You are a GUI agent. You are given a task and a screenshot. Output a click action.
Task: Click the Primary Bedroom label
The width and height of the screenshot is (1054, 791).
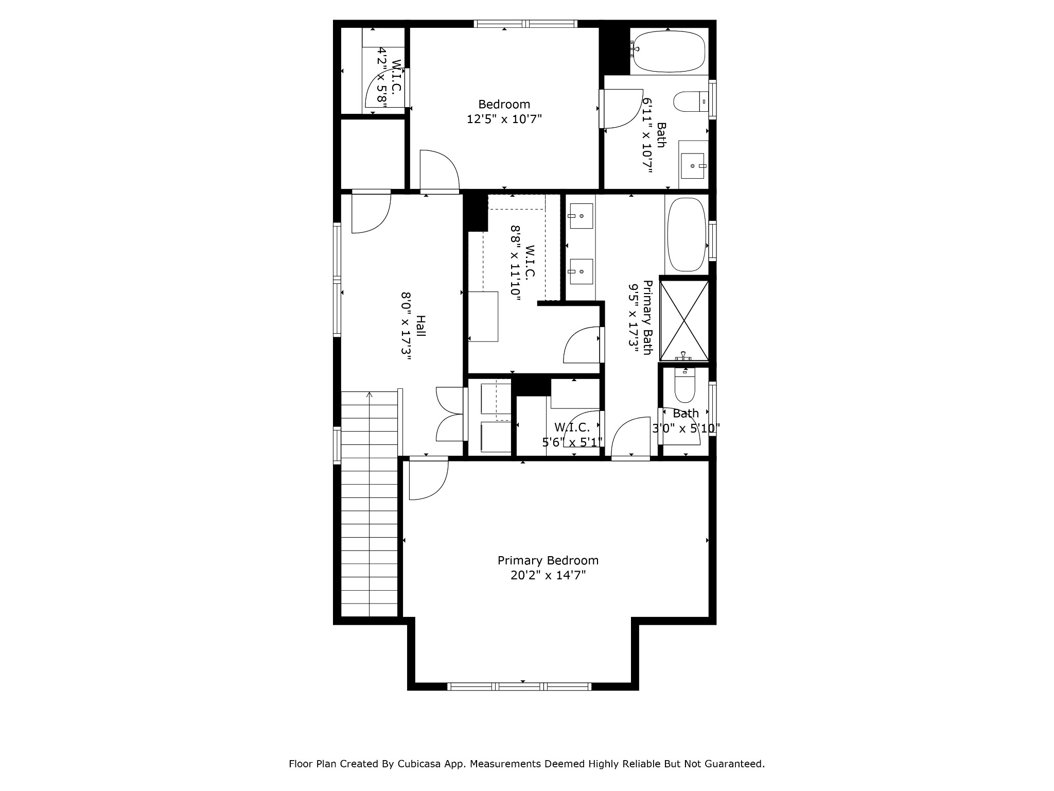[x=548, y=560]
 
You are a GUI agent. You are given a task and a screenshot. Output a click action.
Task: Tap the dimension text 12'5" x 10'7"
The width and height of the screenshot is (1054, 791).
[x=504, y=119]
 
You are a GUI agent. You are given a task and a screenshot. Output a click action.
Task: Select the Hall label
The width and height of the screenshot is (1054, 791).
[x=420, y=326]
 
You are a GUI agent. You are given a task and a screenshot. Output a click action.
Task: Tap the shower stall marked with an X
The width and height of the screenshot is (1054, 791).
[x=684, y=320]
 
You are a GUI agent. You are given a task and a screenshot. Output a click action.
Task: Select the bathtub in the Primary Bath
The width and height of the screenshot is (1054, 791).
[x=687, y=234]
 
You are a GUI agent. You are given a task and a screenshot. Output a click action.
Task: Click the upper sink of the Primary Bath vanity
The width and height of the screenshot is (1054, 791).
[x=581, y=216]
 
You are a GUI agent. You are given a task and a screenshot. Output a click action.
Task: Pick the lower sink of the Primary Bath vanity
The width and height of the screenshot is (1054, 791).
[x=581, y=271]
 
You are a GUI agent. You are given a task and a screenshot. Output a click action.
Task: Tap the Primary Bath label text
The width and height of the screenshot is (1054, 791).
[x=648, y=317]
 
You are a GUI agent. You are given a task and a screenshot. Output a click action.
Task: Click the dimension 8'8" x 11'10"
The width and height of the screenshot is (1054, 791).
[x=516, y=263]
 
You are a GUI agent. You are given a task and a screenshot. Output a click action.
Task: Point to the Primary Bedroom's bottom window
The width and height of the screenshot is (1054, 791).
[x=519, y=686]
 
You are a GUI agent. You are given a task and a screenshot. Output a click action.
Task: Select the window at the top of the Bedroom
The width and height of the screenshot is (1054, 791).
[x=525, y=23]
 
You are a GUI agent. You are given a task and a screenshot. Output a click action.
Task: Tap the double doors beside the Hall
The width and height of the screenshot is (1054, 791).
[x=450, y=414]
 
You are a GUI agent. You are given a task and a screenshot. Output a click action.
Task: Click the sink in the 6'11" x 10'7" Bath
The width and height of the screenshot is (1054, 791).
[x=693, y=166]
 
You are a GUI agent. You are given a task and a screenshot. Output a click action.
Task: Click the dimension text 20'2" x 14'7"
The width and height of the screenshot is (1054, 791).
[x=548, y=575]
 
